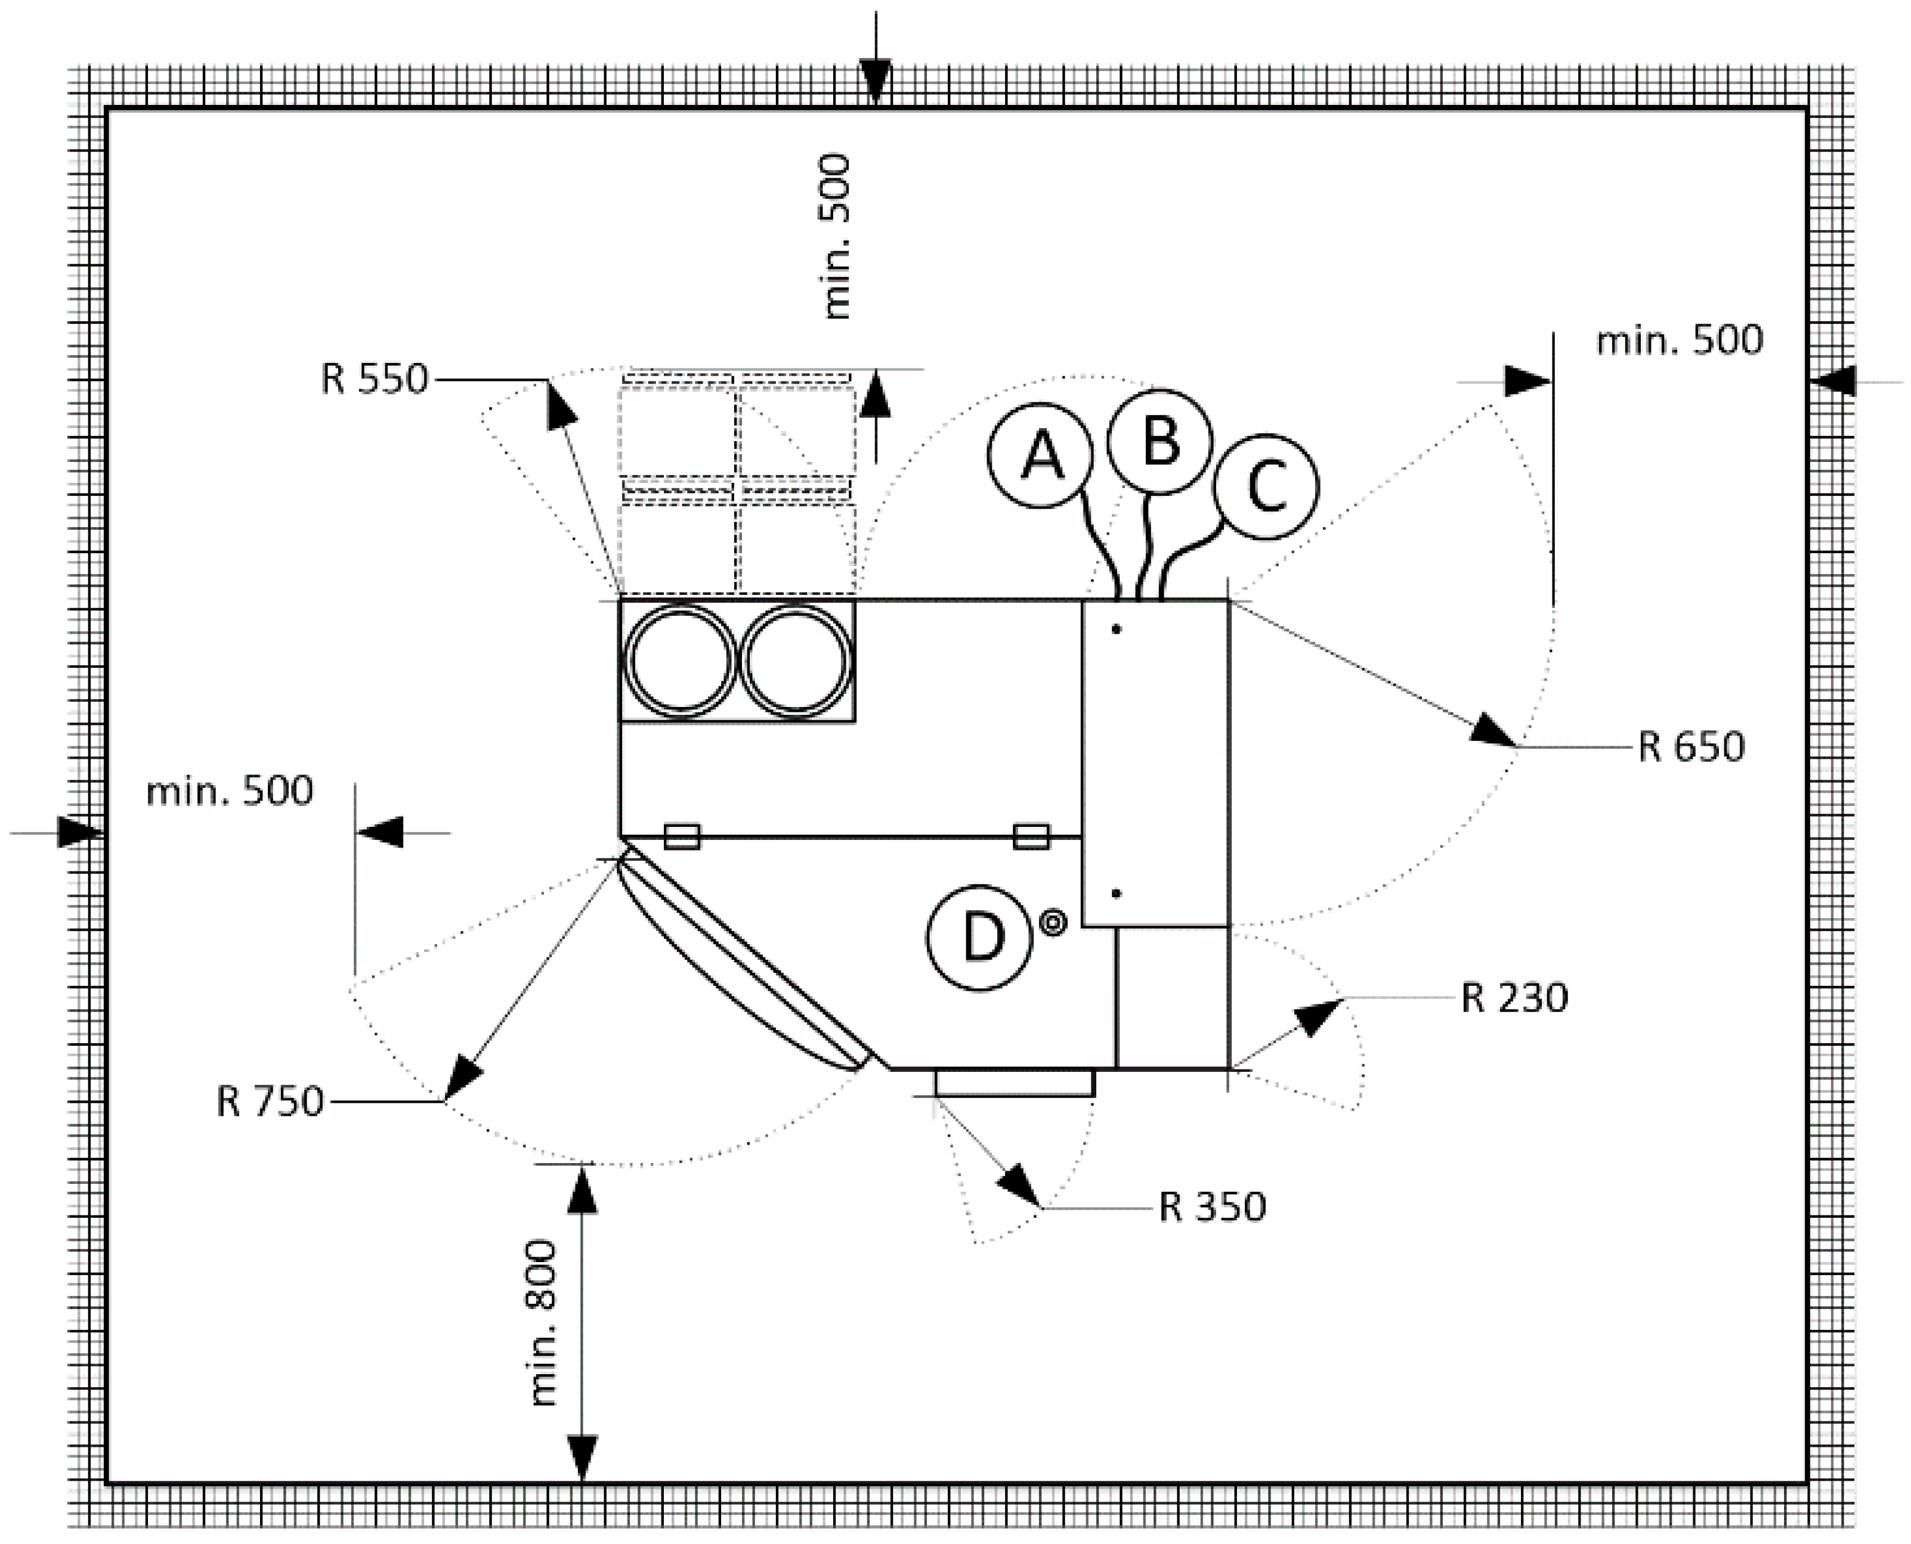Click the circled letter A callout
click(1040, 455)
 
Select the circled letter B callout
click(1160, 441)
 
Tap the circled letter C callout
click(1266, 486)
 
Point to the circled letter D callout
click(979, 937)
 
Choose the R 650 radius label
click(1690, 747)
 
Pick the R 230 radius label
click(1514, 998)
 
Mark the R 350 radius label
click(1212, 1207)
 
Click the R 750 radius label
click(270, 1102)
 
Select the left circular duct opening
click(681, 660)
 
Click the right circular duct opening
click(796, 660)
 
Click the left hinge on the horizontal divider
click(682, 837)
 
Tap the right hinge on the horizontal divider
click(1031, 837)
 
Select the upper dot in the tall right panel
click(1117, 630)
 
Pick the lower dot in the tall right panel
click(1117, 894)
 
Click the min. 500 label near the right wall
click(1679, 340)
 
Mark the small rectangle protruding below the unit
click(1014, 1083)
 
